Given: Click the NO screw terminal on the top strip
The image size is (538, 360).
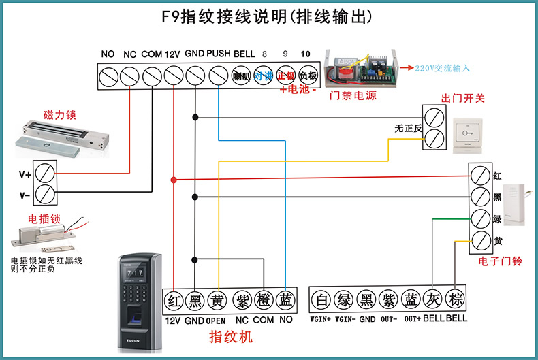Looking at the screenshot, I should coord(108,76).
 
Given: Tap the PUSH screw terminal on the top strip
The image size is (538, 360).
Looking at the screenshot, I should coord(218,76).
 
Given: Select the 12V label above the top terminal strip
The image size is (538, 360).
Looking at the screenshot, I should coord(172,54).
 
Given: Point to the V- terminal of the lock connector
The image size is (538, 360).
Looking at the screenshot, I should coord(45,194).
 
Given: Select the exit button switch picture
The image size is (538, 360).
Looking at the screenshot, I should coord(468,131).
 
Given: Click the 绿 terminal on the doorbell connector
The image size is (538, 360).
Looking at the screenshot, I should coord(481,219).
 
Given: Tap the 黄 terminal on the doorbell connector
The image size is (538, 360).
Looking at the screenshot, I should coord(481,240).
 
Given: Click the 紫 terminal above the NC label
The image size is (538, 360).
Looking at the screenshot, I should coord(242,299).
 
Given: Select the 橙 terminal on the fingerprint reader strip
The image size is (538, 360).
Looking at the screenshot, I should coord(264,299).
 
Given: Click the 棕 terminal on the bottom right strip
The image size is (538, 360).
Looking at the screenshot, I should coord(454,299).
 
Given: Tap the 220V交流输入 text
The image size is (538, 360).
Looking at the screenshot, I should coord(443,68).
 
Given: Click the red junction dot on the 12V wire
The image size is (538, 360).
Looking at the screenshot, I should coord(174,180).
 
